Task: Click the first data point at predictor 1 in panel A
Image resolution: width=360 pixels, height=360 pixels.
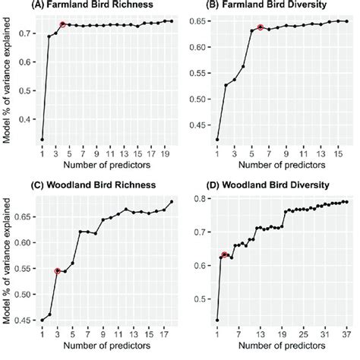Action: point(42,140)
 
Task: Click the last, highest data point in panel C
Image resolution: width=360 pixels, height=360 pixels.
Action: point(171,201)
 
